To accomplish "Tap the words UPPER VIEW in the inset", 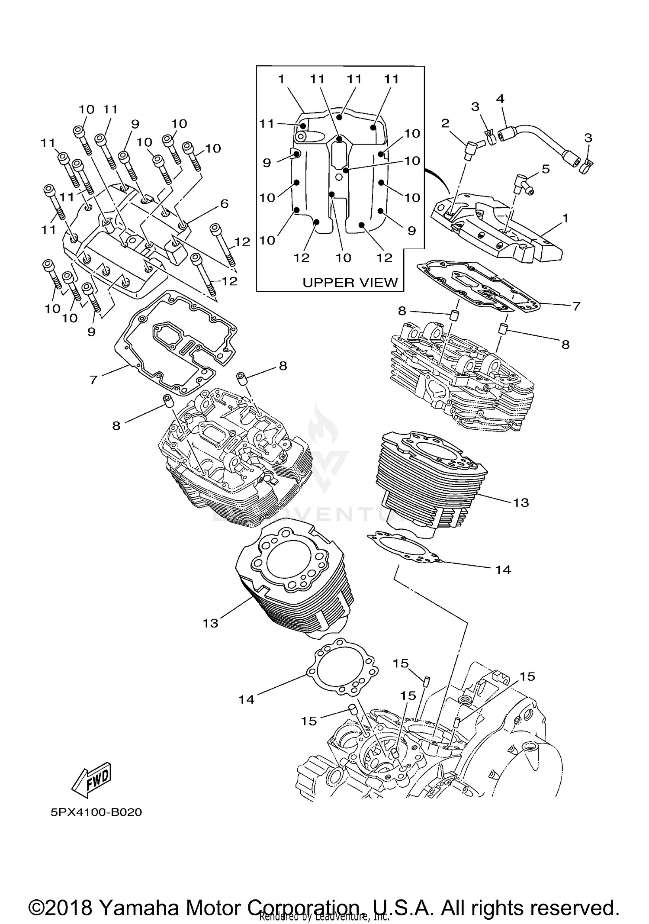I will coord(350,283).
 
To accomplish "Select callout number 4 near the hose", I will coord(500,99).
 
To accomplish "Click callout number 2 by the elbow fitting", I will coord(445,124).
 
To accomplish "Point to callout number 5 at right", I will coord(546,169).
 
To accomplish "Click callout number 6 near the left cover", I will coord(224,203).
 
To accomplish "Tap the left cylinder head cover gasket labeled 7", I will coord(173,342).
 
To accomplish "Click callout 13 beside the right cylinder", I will coord(521,502).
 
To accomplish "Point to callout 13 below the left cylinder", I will coord(210,623).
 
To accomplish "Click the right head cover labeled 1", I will coord(498,229).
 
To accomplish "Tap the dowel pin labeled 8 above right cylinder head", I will coord(452,315).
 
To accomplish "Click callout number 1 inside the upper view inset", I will coord(281,79).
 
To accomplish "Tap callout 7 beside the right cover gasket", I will coord(576,306).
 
